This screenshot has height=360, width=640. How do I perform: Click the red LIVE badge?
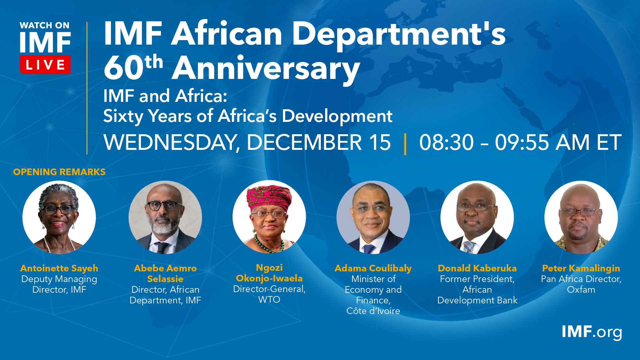(x=45, y=64)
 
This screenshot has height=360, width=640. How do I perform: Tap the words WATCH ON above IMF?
(x=45, y=25)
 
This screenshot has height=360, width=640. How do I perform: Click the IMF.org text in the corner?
(x=592, y=332)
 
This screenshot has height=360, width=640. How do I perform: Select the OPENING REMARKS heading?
(x=59, y=172)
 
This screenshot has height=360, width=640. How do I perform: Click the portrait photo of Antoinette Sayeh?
(x=59, y=217)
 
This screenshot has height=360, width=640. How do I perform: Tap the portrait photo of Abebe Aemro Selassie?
(x=165, y=217)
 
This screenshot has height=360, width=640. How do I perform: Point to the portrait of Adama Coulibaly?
(x=373, y=217)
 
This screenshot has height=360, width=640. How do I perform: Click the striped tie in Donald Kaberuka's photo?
(x=469, y=247)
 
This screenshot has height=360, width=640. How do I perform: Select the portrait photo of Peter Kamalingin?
(x=581, y=217)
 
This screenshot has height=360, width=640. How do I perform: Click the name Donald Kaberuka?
(x=477, y=268)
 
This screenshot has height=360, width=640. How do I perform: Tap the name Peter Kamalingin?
(x=581, y=268)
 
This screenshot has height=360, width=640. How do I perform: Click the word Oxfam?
(x=581, y=290)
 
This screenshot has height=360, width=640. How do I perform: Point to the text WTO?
(x=269, y=300)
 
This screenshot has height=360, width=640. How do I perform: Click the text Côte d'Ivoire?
(x=373, y=311)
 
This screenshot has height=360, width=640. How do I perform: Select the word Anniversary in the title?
(x=266, y=69)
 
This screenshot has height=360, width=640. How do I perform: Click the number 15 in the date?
(x=380, y=142)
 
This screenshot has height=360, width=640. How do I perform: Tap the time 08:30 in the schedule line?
(x=446, y=142)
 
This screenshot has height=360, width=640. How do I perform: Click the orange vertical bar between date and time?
(x=405, y=144)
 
